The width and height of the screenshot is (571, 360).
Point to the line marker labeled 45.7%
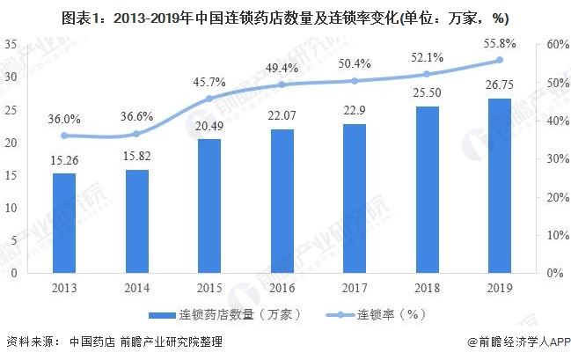click(209, 99)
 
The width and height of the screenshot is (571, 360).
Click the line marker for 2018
click(427, 74)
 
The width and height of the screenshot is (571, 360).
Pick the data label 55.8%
click(500, 41)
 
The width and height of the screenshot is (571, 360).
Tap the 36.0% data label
click(64, 117)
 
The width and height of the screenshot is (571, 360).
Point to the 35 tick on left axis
click(12, 44)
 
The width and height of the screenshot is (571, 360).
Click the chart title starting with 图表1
click(285, 14)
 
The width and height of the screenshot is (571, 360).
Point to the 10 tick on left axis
click(12, 207)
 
